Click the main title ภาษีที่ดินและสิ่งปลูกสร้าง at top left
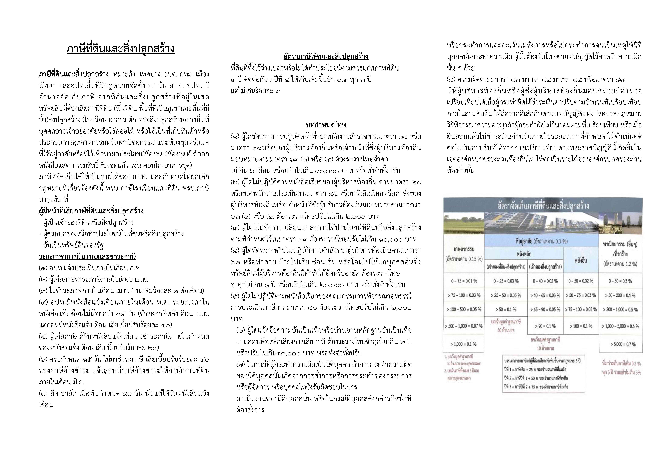[121, 49]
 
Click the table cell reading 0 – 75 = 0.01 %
[464, 281]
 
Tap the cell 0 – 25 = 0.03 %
[506, 281]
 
